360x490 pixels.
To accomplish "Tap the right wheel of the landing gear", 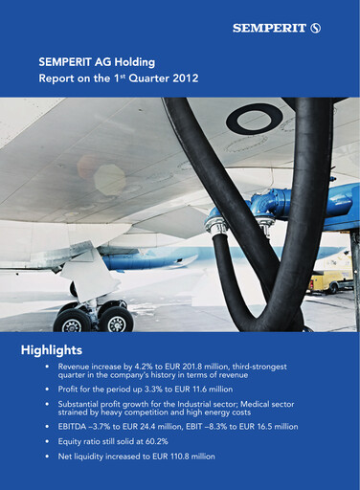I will pyautogui.click(x=115, y=320).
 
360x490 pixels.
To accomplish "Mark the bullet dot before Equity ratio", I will pyautogui.click(x=47, y=443).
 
